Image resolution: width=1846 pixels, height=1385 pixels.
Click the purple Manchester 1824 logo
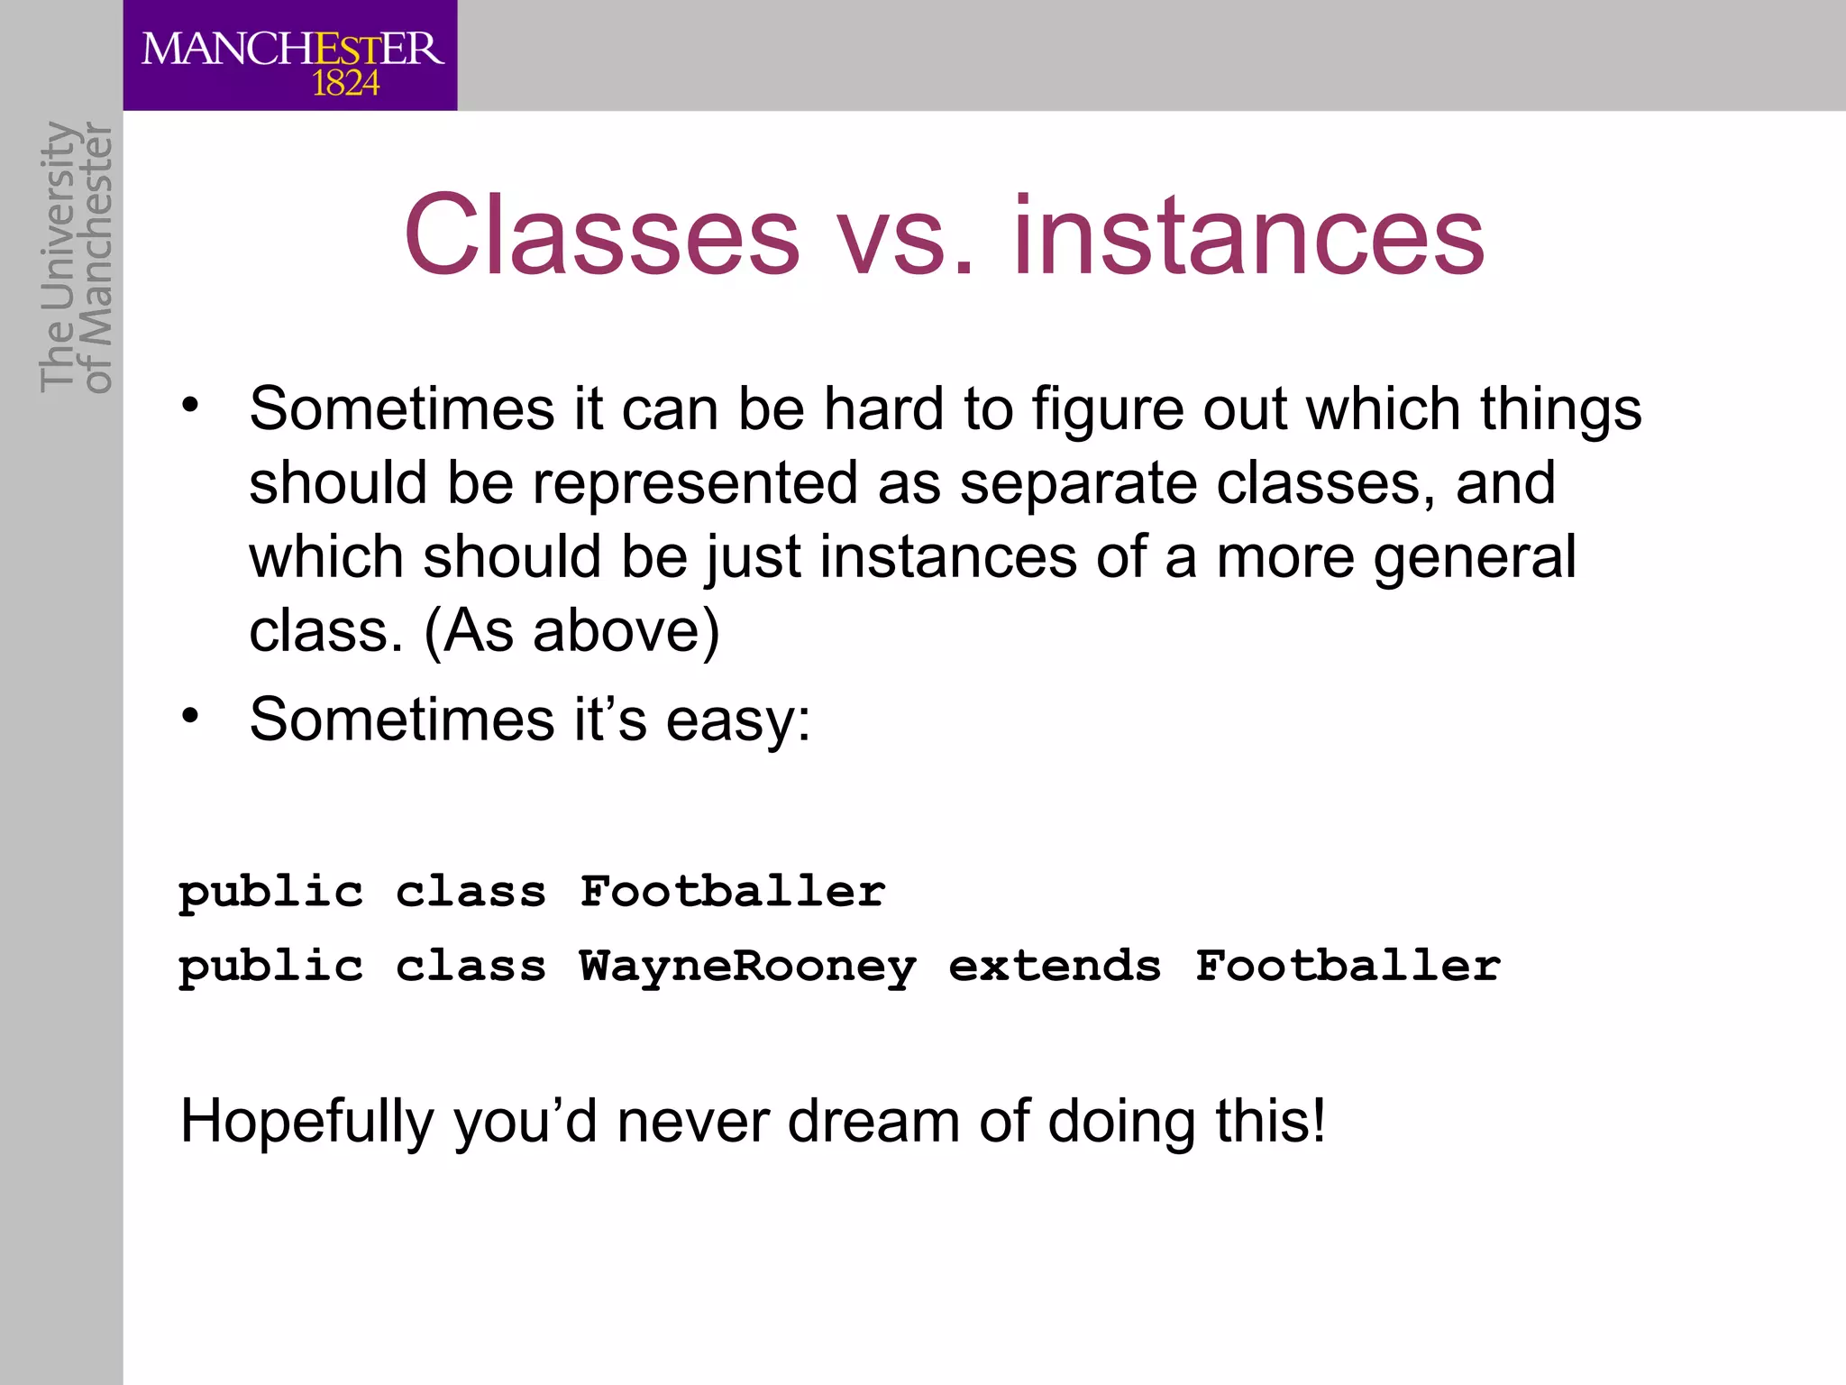pos(290,56)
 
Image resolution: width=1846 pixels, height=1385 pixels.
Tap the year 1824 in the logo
pos(345,84)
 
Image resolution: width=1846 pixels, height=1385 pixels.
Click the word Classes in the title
pos(601,236)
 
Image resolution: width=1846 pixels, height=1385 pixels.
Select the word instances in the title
pos(1248,236)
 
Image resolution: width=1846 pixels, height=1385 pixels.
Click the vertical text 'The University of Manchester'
pos(77,257)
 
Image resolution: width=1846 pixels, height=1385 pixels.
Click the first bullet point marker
pos(189,406)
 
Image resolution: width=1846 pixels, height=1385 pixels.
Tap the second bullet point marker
pos(189,717)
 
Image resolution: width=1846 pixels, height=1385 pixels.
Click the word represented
pos(694,484)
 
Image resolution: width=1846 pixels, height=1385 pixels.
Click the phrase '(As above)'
pos(571,631)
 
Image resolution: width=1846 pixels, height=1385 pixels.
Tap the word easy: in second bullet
pos(737,721)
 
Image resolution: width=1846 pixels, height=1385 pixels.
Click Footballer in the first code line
pos(732,891)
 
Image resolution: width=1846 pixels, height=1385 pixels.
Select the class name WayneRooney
pos(747,967)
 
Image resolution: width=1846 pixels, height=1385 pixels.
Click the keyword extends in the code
pos(1055,966)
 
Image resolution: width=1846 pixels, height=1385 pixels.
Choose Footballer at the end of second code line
pos(1348,966)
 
